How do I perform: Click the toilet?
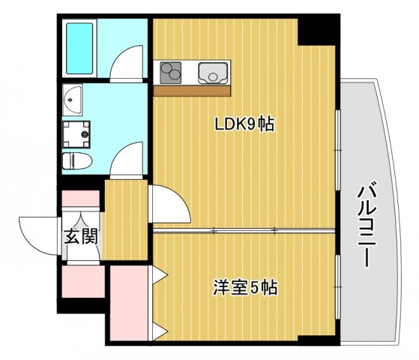(x=77, y=160)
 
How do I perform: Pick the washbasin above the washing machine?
(x=73, y=98)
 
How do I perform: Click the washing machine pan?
(x=77, y=134)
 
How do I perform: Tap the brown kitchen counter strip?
(x=193, y=90)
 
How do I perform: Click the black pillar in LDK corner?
(x=314, y=30)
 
